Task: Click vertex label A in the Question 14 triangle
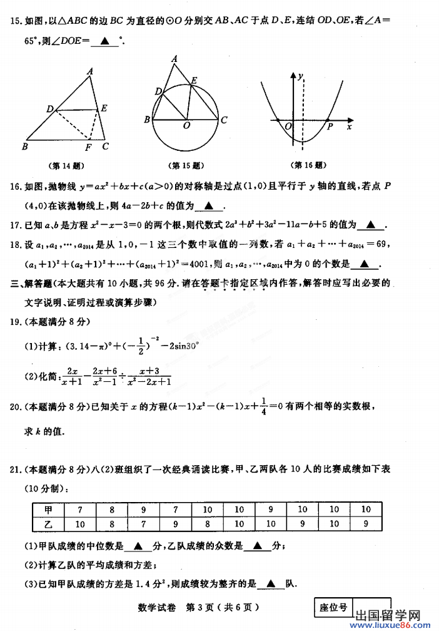[91, 71]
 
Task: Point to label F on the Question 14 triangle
[88, 147]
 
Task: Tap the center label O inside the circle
[186, 126]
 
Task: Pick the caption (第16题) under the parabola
[309, 165]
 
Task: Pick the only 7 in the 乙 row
[144, 523]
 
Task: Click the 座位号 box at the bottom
[333, 607]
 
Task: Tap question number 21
[17, 469]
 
